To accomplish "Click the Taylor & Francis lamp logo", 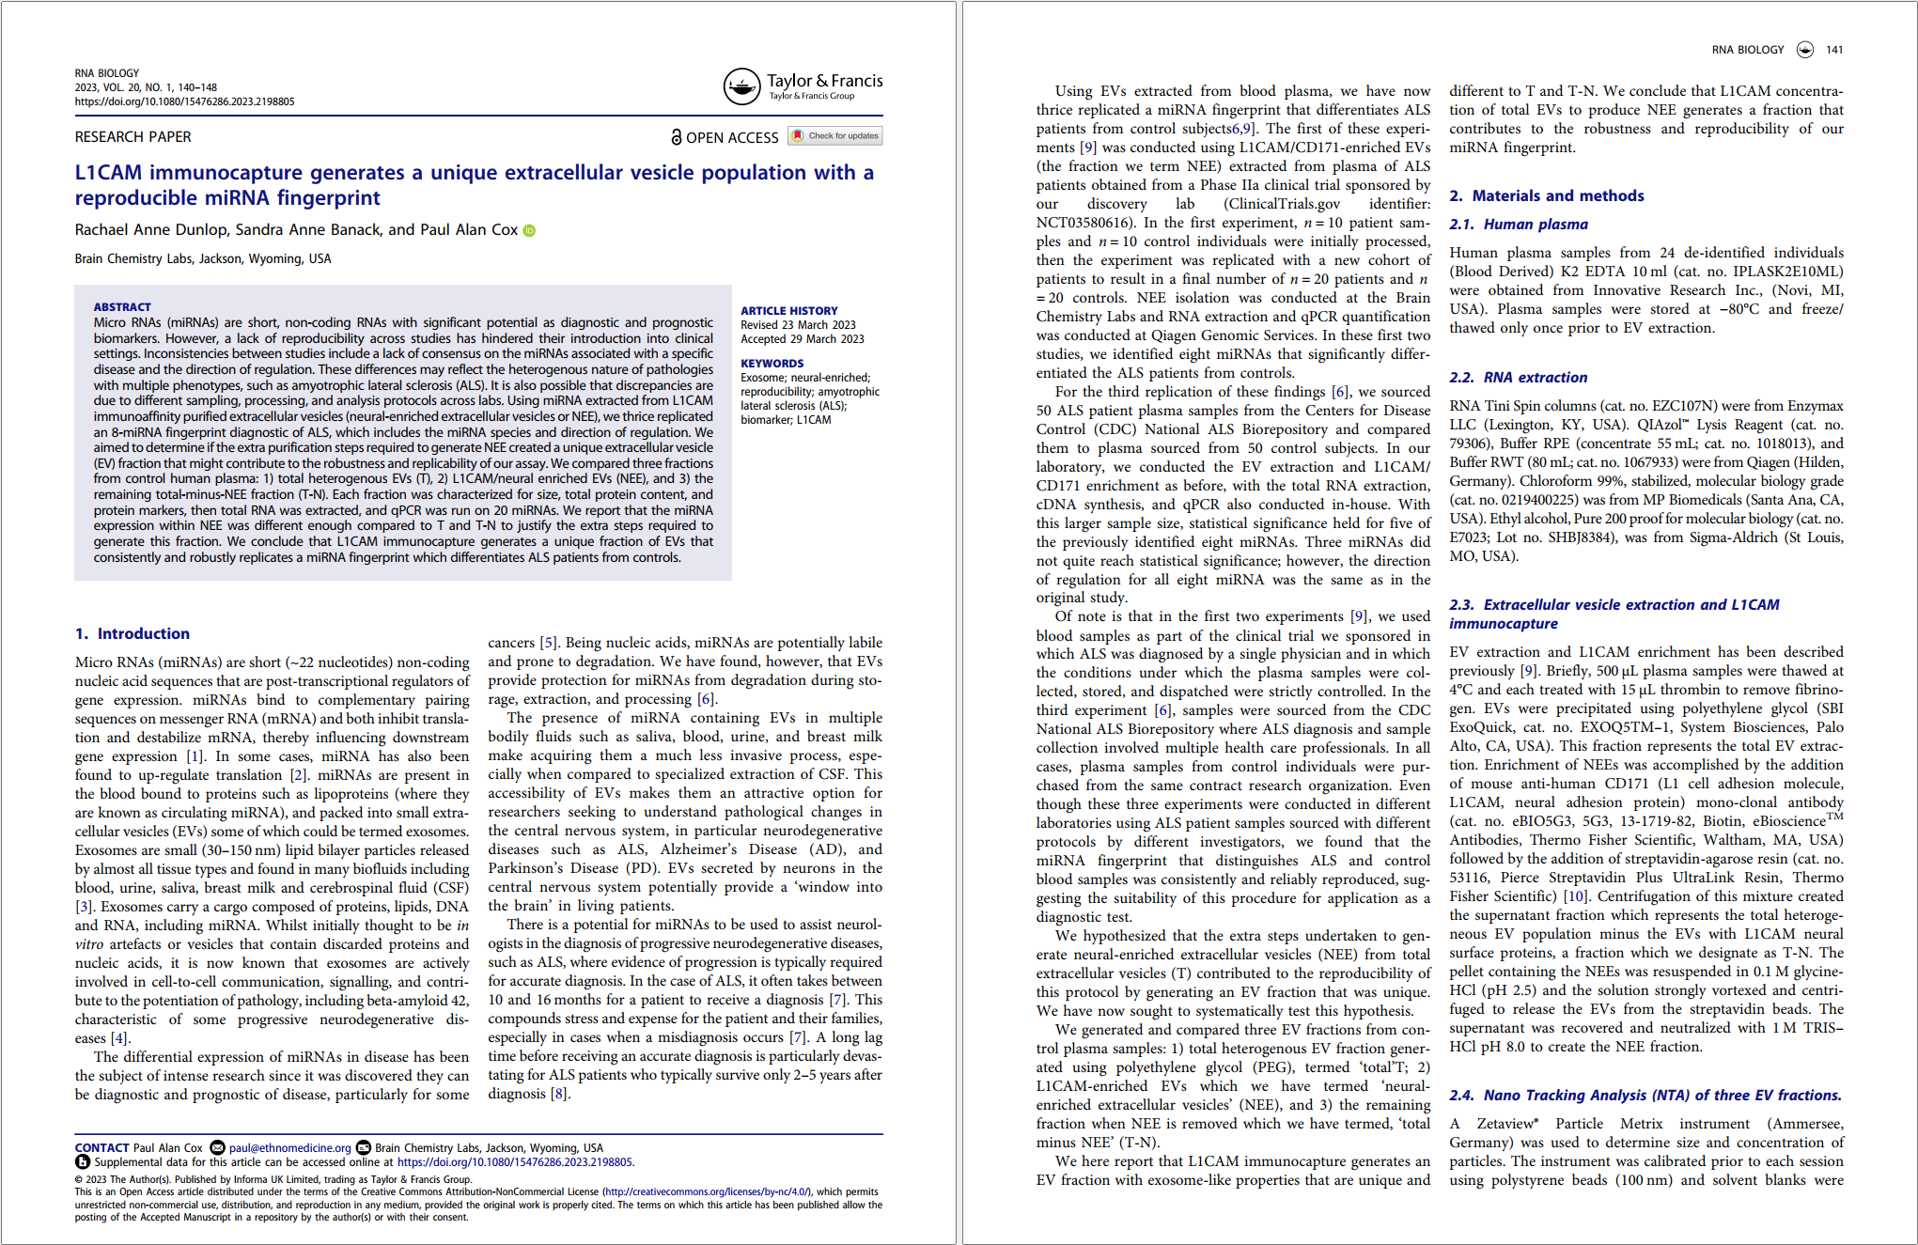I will (x=741, y=86).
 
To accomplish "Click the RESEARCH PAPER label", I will (x=133, y=137).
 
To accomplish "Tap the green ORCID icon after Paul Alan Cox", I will (x=529, y=231).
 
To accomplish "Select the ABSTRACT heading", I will (x=122, y=307).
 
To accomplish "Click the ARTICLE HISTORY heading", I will (x=788, y=311).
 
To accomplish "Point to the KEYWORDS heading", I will (x=772, y=364).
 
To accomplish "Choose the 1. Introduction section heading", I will (x=133, y=634).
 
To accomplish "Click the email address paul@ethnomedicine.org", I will (x=289, y=1148).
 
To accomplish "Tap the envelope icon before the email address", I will (x=217, y=1148).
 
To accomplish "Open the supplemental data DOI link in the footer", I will (x=515, y=1162).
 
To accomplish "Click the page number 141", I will (x=1834, y=50).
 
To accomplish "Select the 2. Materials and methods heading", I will (x=1547, y=196).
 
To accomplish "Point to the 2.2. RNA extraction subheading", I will (x=1519, y=378).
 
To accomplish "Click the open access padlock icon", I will (x=676, y=137).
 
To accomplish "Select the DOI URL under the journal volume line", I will (x=184, y=101).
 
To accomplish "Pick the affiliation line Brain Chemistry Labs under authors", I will (x=203, y=259).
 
